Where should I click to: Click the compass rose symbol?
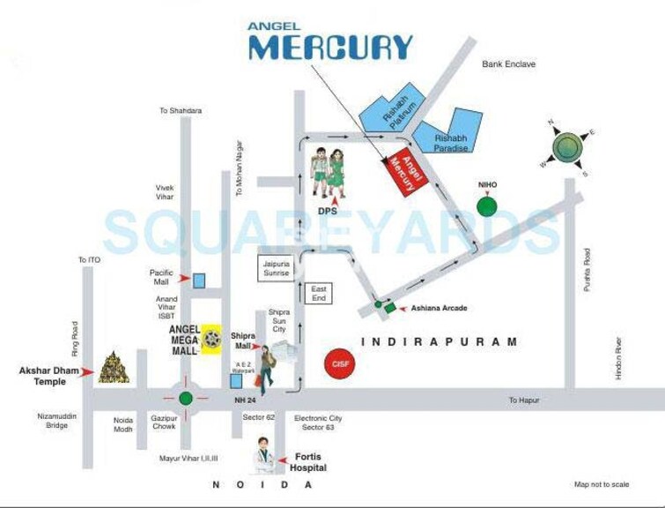pos(566,145)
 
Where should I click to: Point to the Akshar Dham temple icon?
pos(113,368)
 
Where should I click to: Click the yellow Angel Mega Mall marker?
pos(211,338)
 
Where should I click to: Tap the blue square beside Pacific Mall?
pos(199,280)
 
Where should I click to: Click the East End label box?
pos(319,294)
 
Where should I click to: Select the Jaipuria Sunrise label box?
pos(276,268)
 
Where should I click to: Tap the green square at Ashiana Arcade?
pos(390,309)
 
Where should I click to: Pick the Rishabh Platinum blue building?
pos(388,112)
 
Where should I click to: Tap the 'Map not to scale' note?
pos(602,484)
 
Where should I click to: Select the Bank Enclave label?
pos(508,64)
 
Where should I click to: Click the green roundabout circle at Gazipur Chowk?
pos(185,398)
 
